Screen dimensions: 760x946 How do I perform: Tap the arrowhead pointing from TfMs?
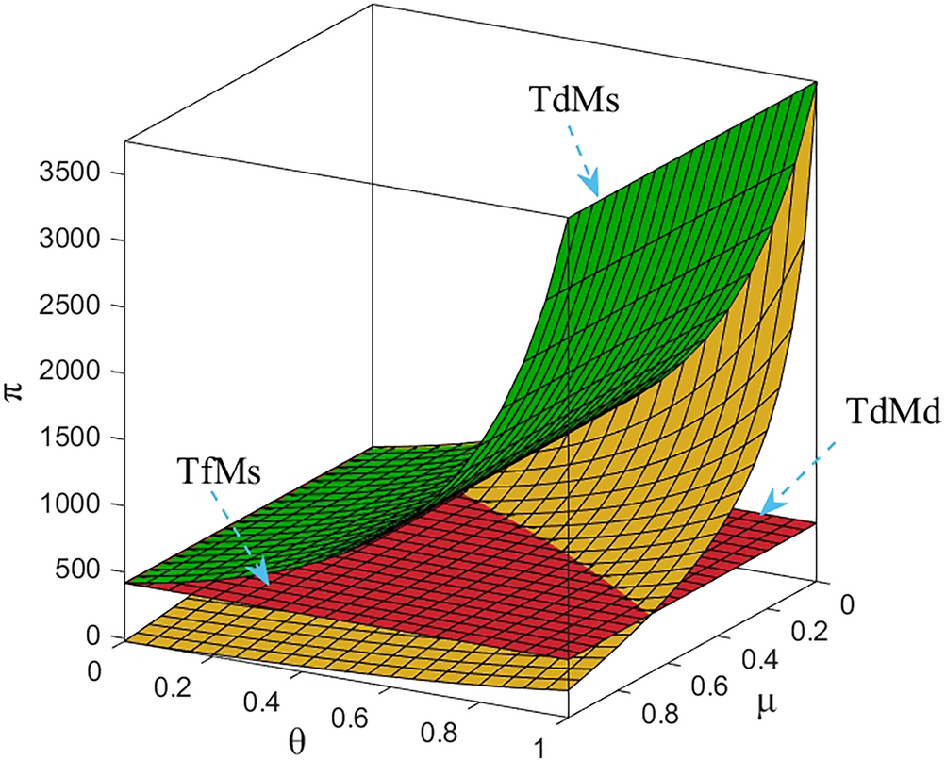coord(257,572)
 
